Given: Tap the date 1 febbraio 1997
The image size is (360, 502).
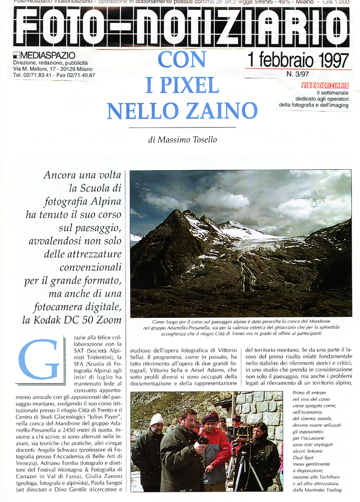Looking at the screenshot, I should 297,61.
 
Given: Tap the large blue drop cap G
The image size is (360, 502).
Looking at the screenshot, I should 38,359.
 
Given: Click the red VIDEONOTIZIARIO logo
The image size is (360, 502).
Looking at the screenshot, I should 325,85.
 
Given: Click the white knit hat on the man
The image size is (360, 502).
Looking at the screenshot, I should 157,419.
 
